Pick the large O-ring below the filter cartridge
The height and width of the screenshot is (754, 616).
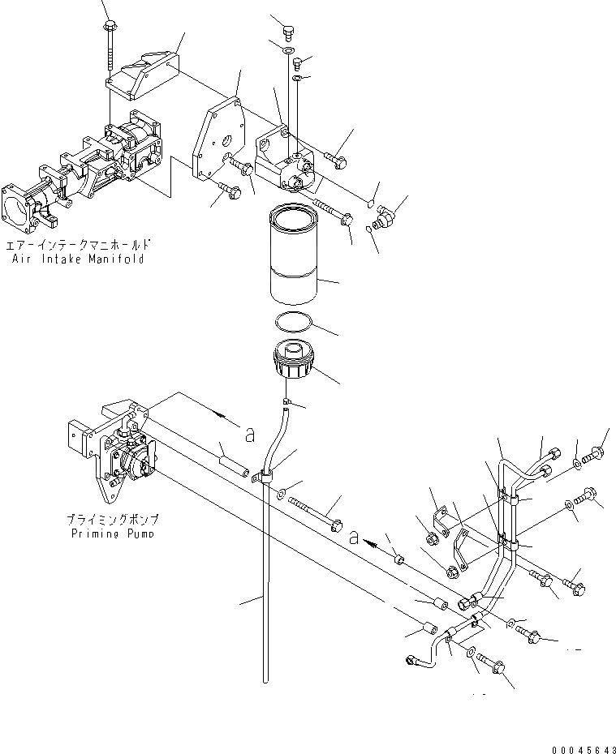[x=293, y=323]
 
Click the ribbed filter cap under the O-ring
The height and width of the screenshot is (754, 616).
[x=293, y=358]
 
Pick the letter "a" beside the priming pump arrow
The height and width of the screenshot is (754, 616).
[x=250, y=435]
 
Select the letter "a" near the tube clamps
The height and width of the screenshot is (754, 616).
[x=354, y=536]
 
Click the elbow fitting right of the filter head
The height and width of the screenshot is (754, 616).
[x=385, y=217]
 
